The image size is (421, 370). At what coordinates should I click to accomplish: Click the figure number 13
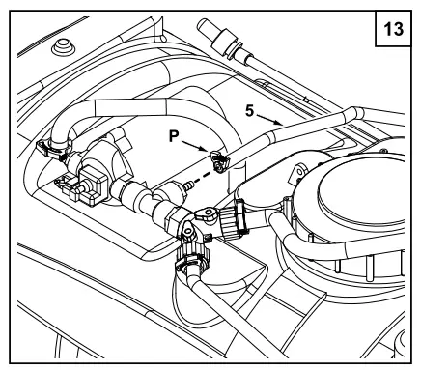pos(393,29)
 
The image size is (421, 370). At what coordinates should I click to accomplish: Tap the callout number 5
pos(250,111)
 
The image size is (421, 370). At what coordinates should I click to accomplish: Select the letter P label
pos(174,136)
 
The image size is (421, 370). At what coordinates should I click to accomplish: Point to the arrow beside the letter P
pos(194,146)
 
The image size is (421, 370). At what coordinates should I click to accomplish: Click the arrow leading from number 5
pos(269,119)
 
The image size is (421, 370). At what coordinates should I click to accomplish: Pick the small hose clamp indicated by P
pos(219,160)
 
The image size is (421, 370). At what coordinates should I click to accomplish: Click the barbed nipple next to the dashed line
pos(189,185)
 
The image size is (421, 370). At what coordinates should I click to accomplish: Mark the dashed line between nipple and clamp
pos(202,178)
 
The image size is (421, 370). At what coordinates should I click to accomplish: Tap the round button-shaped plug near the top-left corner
pos(64,47)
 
